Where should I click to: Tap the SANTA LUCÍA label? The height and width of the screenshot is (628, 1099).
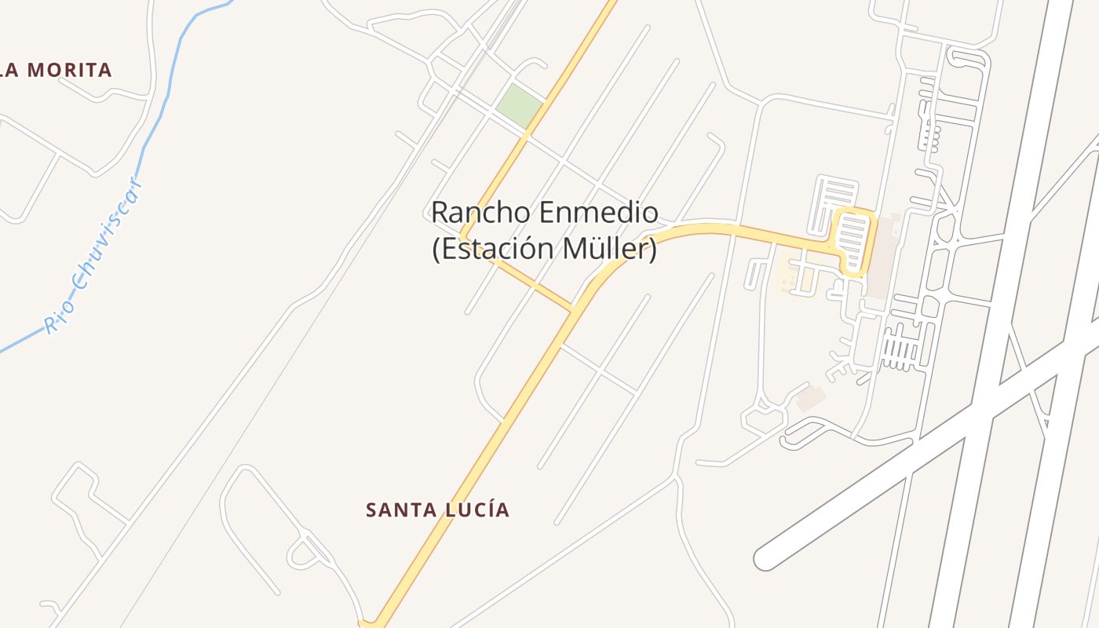[437, 510]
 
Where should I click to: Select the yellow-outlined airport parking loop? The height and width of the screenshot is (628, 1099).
[853, 242]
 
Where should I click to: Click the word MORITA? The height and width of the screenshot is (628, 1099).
[70, 70]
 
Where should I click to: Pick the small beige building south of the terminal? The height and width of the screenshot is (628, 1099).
[810, 399]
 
